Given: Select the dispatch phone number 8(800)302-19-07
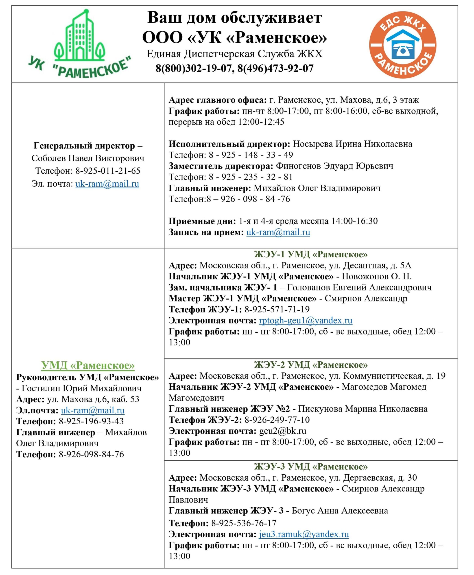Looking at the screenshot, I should (x=193, y=68).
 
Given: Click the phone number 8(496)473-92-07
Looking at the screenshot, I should (x=275, y=68).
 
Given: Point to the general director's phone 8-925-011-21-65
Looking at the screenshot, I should (x=108, y=171).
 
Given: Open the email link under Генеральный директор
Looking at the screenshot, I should (x=107, y=184).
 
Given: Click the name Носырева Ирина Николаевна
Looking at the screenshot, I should (x=352, y=144).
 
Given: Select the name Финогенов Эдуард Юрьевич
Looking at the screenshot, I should (x=334, y=166).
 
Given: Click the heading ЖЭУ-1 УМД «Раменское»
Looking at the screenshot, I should (x=311, y=254).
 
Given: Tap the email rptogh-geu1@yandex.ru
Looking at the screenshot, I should (x=306, y=321).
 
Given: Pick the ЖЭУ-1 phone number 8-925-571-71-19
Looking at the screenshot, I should (x=277, y=309).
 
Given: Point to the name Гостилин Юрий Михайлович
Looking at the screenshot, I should (x=82, y=388).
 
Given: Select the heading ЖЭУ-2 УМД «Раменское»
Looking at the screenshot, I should (x=311, y=365).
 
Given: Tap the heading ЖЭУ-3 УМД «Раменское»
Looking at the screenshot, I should (x=311, y=467).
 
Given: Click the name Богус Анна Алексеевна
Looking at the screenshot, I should (x=340, y=511).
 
